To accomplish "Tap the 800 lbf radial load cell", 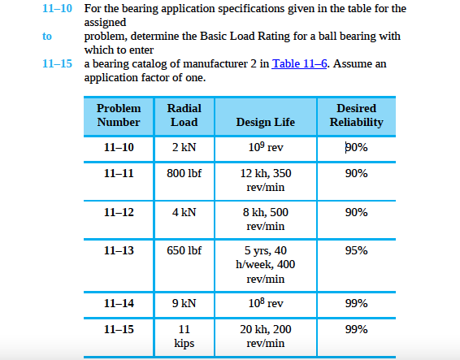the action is (x=184, y=173).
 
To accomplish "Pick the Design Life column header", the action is (x=265, y=122).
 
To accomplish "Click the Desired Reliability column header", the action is (x=356, y=115).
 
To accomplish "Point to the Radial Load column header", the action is (x=184, y=115).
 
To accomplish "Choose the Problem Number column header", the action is (x=119, y=115).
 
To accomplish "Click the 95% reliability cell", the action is (x=356, y=250).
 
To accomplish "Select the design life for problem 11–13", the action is (x=265, y=264).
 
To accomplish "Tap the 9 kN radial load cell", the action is (x=184, y=303).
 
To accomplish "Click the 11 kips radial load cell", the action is (x=184, y=336).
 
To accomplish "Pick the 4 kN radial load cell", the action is (x=184, y=212).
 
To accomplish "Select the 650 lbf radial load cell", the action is (x=184, y=250).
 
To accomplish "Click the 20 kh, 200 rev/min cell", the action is (x=265, y=336).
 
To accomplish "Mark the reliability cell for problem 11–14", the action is (x=356, y=303).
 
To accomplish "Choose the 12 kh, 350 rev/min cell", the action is (x=265, y=180).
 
